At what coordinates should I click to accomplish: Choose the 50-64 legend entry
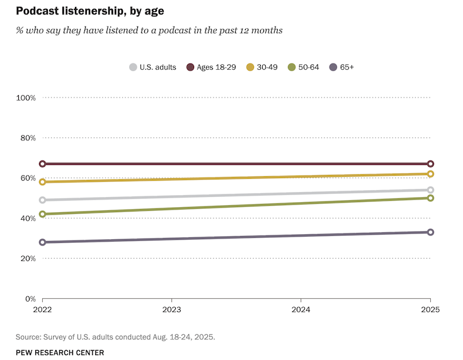304,67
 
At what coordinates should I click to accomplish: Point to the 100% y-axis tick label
26,98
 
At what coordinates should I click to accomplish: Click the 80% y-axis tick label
28,138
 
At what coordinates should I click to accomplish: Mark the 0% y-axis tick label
30,299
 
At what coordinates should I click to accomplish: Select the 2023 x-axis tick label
172,310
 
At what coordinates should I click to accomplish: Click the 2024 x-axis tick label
301,310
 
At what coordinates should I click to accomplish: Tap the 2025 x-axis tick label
430,310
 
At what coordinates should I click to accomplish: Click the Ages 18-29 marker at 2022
42,164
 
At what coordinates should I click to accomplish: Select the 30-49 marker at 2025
431,174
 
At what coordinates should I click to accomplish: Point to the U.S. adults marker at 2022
42,200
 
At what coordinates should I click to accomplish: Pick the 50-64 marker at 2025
431,198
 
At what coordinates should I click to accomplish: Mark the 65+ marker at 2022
42,242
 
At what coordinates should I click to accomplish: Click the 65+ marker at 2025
431,232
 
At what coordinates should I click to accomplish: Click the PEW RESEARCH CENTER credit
60,352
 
